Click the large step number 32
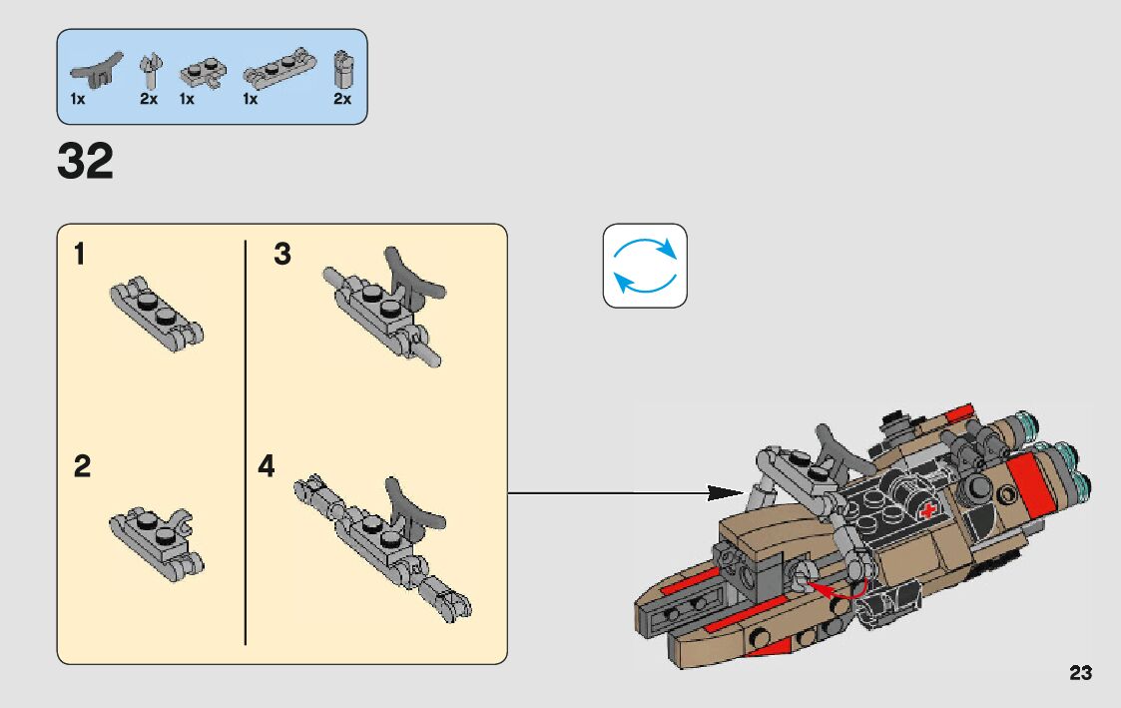[86, 162]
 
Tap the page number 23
[1080, 673]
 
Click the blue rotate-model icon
[645, 266]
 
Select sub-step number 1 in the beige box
[79, 255]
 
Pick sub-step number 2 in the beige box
[82, 466]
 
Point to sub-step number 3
[282, 255]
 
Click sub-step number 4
[266, 466]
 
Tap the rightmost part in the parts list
[342, 69]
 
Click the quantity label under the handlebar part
[78, 100]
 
